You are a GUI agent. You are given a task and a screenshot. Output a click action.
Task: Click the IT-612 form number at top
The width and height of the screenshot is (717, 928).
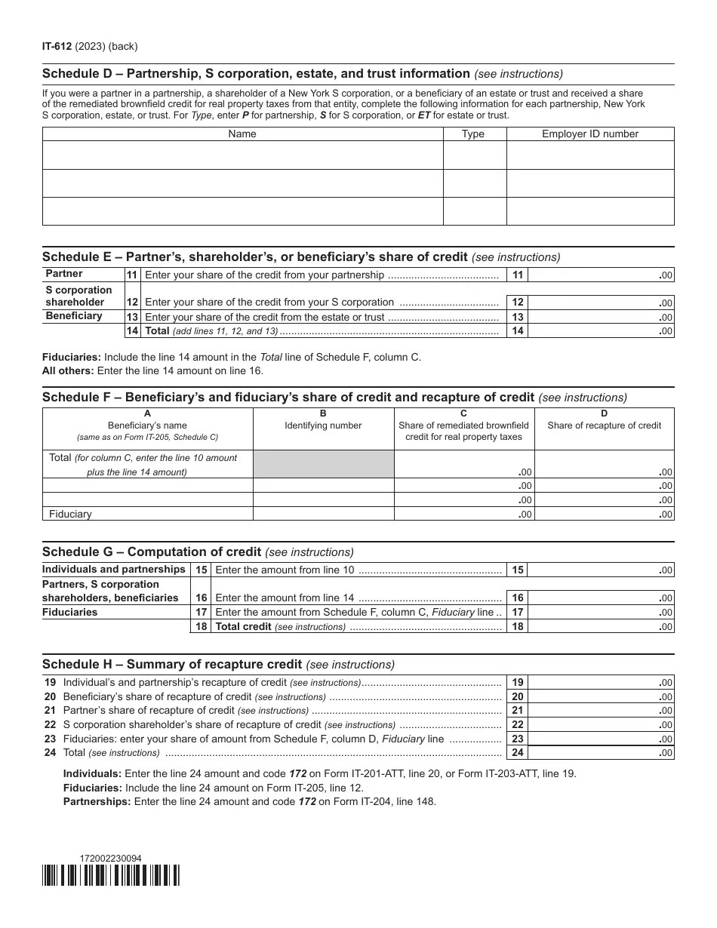click(57, 46)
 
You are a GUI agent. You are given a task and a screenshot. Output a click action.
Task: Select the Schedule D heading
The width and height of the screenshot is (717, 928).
click(256, 74)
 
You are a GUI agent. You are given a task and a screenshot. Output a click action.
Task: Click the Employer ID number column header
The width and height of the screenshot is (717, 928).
click(589, 134)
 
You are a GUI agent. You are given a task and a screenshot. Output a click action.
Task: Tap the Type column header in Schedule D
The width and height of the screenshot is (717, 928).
click(473, 134)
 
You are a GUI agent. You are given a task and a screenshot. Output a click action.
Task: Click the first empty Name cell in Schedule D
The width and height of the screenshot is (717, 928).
click(242, 155)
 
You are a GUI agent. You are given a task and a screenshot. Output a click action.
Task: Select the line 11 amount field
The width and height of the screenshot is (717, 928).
click(601, 275)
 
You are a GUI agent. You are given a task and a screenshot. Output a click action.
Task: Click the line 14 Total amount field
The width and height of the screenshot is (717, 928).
click(601, 330)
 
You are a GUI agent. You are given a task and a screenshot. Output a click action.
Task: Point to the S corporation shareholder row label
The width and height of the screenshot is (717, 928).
click(78, 296)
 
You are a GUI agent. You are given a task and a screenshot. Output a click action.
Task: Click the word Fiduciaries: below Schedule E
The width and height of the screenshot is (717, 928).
click(72, 357)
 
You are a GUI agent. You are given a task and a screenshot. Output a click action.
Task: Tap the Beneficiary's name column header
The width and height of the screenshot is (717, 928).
click(147, 426)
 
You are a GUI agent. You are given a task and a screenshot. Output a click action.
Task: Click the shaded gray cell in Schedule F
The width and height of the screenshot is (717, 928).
click(323, 464)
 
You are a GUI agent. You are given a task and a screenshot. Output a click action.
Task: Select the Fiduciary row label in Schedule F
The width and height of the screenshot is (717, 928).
click(70, 514)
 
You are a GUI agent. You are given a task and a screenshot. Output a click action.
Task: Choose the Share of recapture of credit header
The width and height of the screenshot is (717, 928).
click(604, 426)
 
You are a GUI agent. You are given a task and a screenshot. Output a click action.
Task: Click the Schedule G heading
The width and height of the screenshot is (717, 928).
click(152, 552)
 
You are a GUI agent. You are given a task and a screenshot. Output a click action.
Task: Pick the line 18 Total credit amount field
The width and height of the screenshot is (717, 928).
click(601, 626)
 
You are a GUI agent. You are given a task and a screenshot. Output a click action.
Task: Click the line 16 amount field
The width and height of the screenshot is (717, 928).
click(601, 598)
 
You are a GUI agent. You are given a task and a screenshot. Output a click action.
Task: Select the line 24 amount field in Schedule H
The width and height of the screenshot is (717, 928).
click(601, 753)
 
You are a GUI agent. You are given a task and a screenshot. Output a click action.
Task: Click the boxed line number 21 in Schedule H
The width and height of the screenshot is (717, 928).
click(518, 711)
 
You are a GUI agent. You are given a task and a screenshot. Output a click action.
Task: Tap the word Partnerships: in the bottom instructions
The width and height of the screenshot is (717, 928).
click(97, 802)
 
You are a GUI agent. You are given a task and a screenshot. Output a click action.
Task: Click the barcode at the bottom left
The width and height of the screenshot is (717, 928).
click(111, 875)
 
